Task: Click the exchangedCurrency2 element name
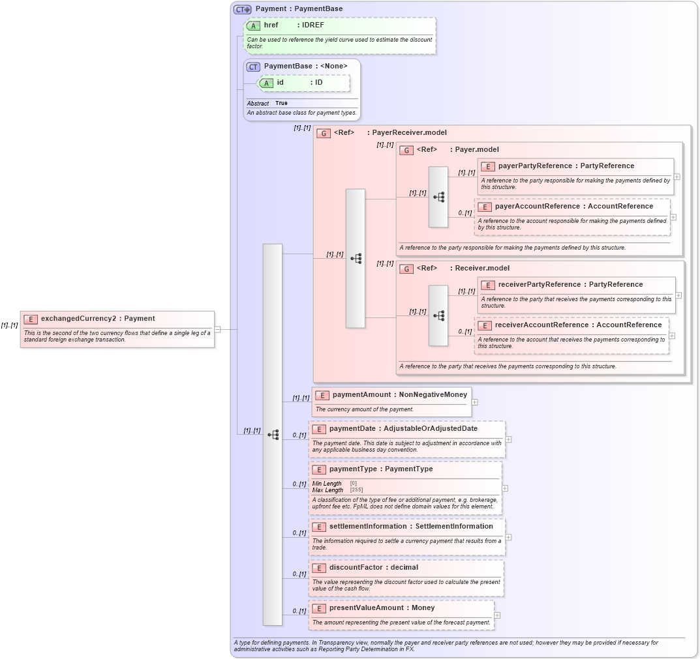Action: [78, 319]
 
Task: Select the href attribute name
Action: [271, 25]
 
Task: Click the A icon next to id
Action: [267, 83]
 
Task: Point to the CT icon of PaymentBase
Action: [253, 66]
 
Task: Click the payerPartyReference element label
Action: [534, 166]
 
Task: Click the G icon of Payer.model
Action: [406, 151]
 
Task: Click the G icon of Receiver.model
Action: [406, 269]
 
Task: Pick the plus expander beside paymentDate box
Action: [508, 439]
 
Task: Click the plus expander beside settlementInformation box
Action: [508, 537]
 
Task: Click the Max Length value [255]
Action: [356, 490]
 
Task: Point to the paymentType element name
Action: [352, 469]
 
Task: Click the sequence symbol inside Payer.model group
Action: [438, 197]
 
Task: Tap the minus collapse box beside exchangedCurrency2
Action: [218, 329]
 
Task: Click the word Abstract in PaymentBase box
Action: [258, 104]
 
